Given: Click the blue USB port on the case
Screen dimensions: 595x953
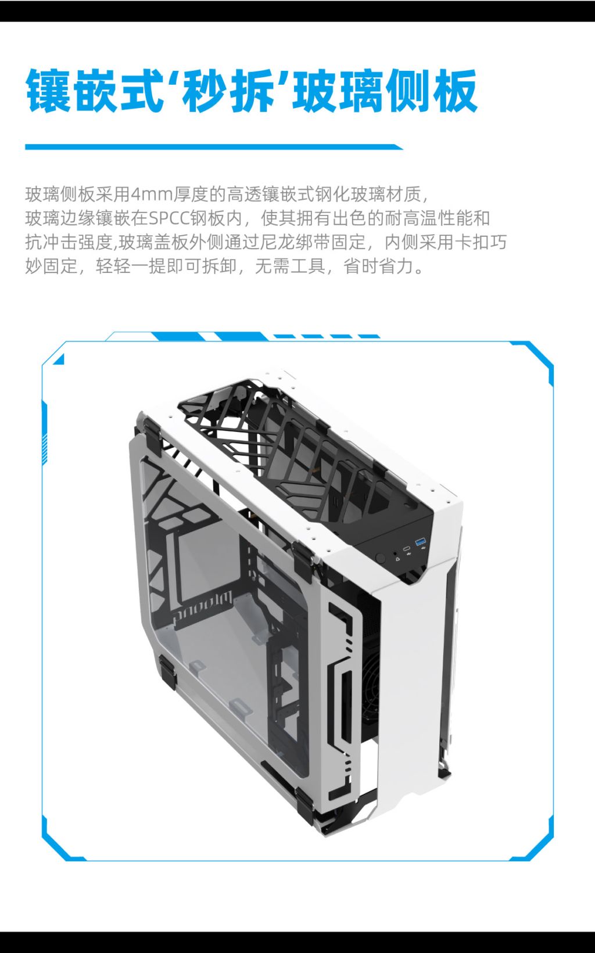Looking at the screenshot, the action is [x=420, y=542].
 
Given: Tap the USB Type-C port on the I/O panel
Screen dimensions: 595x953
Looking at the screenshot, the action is [x=407, y=548].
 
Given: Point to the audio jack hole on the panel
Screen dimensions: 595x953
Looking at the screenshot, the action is [x=397, y=553].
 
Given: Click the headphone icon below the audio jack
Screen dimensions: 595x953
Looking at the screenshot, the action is [x=397, y=559].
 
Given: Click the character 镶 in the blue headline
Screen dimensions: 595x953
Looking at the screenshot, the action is [x=48, y=91].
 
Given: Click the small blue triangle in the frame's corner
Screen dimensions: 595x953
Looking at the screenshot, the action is [x=59, y=359].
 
